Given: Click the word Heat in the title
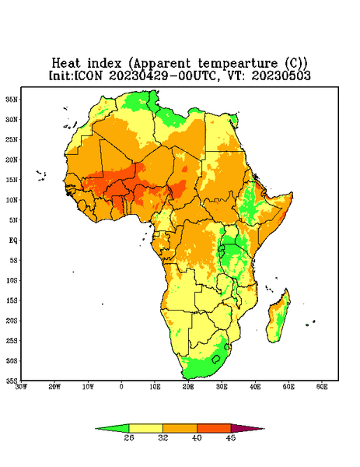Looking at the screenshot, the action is (66, 63).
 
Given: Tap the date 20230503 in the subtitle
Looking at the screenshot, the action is (281, 75).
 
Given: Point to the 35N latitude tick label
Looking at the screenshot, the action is (12, 100).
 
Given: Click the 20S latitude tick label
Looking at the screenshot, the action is (12, 321).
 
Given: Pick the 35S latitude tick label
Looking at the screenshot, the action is (12, 381).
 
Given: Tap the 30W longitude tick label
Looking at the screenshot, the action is (22, 387).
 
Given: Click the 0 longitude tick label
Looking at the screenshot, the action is (121, 387).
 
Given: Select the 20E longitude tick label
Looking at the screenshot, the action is (188, 387).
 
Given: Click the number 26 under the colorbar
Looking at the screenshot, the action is (129, 437).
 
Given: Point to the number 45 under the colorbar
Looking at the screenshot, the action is (231, 437).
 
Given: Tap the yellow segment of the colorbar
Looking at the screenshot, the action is (145, 428).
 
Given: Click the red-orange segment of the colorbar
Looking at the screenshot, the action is (214, 428).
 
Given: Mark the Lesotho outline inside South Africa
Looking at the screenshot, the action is (212, 360).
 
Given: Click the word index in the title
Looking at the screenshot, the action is (105, 63).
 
